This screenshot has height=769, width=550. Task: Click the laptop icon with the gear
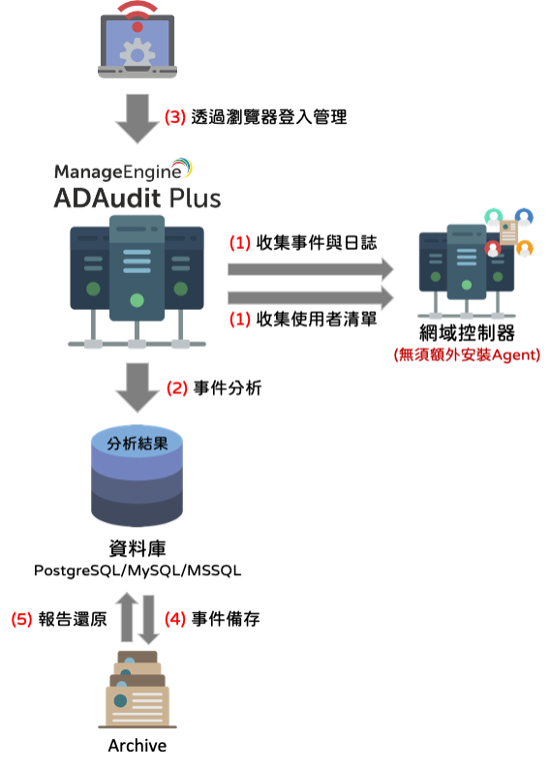[x=137, y=46]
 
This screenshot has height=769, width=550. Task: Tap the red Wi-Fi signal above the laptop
[x=137, y=15]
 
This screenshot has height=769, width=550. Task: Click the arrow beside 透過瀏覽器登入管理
[x=137, y=119]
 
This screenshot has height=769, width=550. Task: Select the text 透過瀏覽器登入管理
[x=268, y=117]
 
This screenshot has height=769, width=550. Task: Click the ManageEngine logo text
[x=118, y=171]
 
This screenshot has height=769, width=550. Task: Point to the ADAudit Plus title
[x=137, y=199]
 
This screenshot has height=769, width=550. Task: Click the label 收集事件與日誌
[x=317, y=242]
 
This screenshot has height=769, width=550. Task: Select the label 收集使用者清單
[x=317, y=319]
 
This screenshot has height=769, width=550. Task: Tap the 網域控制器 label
[x=467, y=333]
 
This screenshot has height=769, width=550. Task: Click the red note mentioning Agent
[x=467, y=354]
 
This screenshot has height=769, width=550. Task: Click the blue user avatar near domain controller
[x=524, y=217]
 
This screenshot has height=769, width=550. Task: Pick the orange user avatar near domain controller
[x=525, y=248]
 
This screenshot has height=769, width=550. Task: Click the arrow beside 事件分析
[x=137, y=387]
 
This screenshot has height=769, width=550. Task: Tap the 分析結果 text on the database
[x=137, y=444]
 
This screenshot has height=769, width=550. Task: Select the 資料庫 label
[x=137, y=548]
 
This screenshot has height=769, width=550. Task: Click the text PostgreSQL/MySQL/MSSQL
[x=137, y=570]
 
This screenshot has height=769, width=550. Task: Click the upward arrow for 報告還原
[x=127, y=617]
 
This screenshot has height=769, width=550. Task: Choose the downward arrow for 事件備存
[x=148, y=620]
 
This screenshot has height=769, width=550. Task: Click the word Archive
[x=137, y=746]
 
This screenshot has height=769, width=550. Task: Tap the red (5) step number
[x=21, y=619]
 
